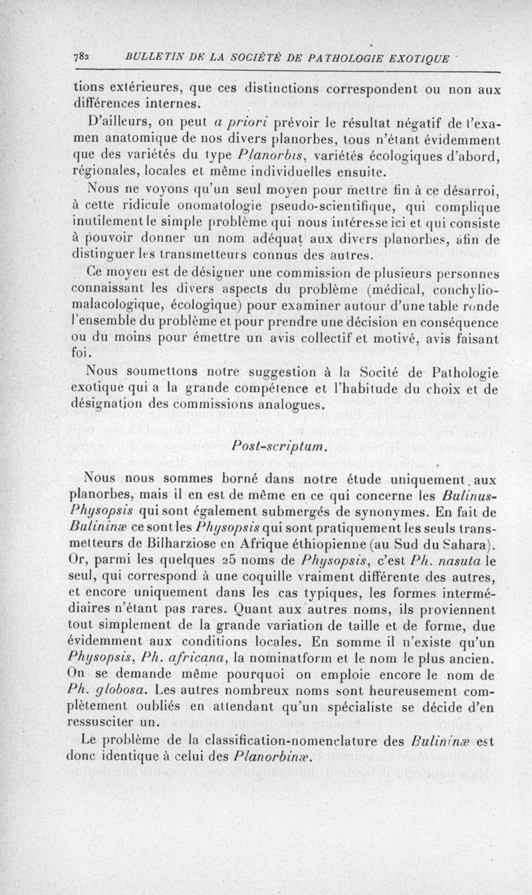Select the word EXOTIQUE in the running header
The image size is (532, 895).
[x=422, y=56]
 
